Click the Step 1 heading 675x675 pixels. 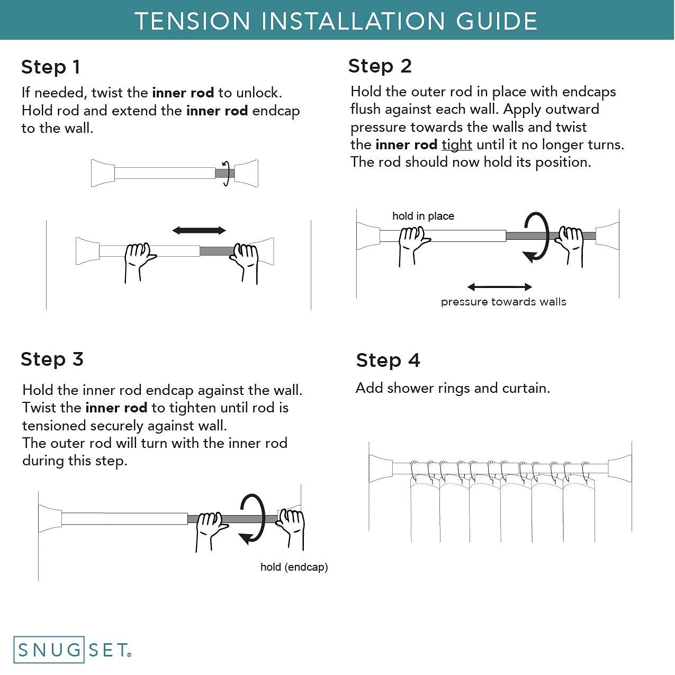[51, 67]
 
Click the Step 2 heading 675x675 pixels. [380, 66]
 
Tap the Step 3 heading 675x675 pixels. [52, 359]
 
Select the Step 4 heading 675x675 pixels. [388, 360]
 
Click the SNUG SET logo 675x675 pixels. [73, 650]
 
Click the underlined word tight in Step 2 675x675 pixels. [457, 145]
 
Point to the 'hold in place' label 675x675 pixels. [423, 216]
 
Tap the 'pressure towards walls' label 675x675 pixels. [503, 302]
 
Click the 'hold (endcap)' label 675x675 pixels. [294, 567]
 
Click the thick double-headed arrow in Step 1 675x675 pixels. [199, 230]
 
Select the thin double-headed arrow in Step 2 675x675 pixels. [500, 287]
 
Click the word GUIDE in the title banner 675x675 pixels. [497, 21]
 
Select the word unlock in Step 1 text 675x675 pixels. [259, 93]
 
